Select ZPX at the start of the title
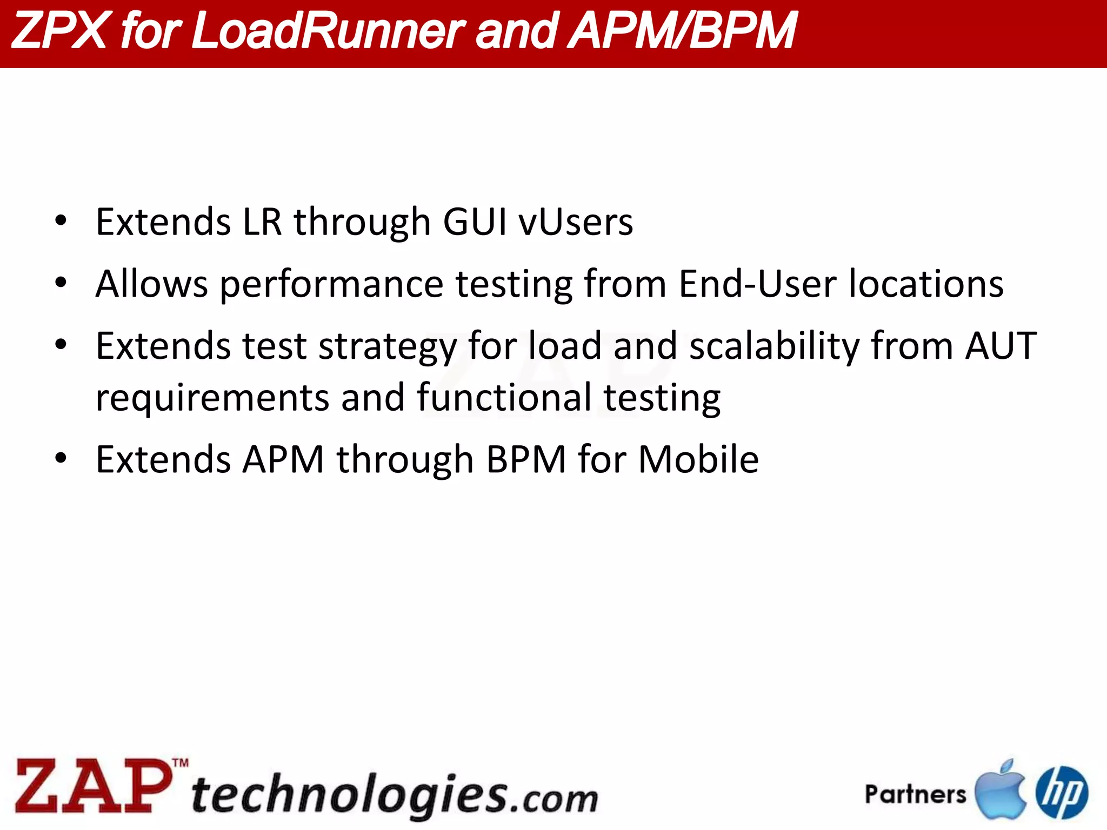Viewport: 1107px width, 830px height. point(58,31)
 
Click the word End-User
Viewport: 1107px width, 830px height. point(757,284)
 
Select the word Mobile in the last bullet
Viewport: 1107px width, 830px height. point(698,460)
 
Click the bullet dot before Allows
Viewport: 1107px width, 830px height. point(61,283)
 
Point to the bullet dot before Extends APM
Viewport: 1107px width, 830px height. point(61,458)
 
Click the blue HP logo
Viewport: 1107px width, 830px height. point(1062,792)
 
